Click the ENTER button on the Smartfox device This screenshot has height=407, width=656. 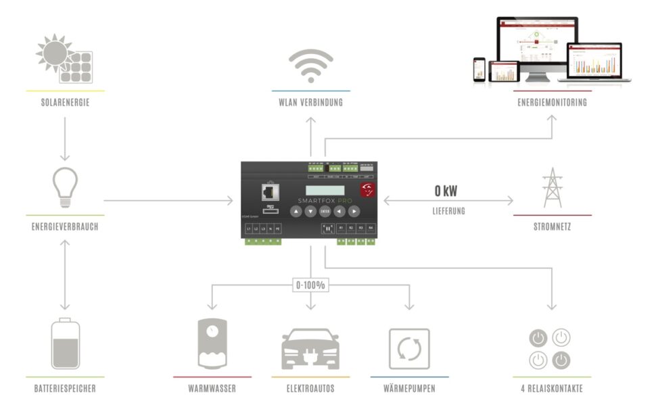pyautogui.click(x=325, y=211)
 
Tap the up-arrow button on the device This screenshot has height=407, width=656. pyautogui.click(x=296, y=211)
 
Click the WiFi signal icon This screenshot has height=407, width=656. pyautogui.click(x=311, y=65)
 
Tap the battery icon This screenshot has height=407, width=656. pyautogui.click(x=65, y=344)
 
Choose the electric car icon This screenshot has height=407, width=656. pyautogui.click(x=310, y=348)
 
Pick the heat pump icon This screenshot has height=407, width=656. pyautogui.click(x=409, y=348)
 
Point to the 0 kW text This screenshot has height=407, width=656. pyautogui.click(x=447, y=191)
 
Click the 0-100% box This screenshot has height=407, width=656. pyautogui.click(x=311, y=285)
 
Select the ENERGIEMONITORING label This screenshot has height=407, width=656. pyautogui.click(x=552, y=103)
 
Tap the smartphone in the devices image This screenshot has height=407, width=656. pyautogui.click(x=479, y=68)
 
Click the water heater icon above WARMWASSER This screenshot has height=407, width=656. pyautogui.click(x=212, y=344)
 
